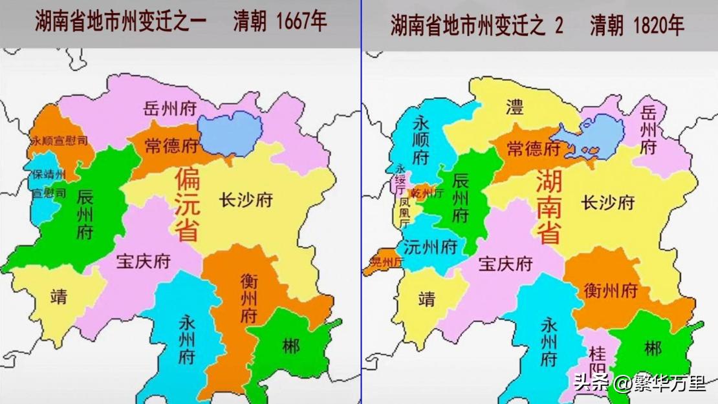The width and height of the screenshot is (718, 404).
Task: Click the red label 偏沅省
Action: pyautogui.click(x=187, y=204)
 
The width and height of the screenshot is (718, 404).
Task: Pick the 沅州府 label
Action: pyautogui.click(x=430, y=246)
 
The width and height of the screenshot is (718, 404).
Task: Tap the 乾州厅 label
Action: pyautogui.click(x=428, y=193)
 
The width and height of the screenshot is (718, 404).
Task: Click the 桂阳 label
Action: pyautogui.click(x=597, y=362)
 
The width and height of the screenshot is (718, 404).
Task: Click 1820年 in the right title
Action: pyautogui.click(x=655, y=25)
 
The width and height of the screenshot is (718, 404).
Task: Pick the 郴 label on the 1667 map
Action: pyautogui.click(x=291, y=346)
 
